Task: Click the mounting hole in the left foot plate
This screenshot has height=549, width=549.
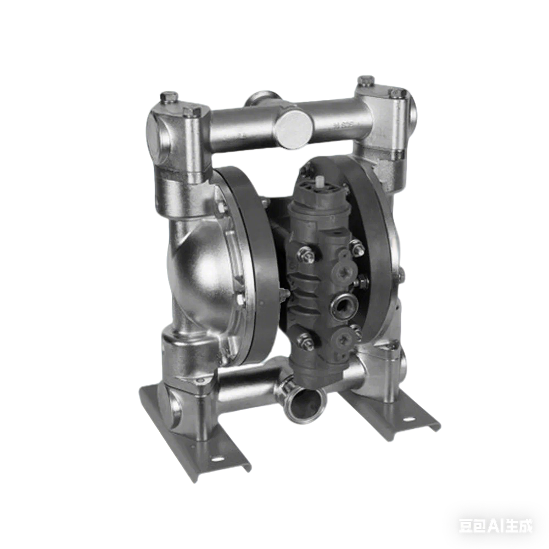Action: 221,458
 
